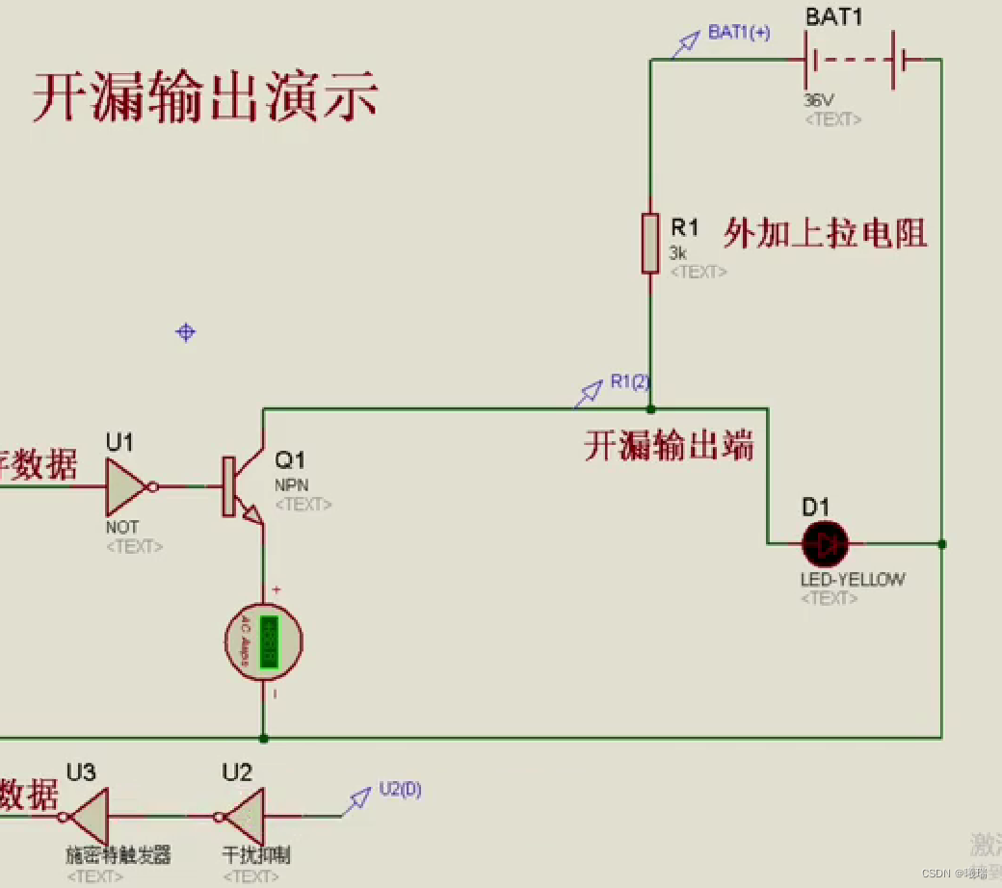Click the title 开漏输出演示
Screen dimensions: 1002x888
205,96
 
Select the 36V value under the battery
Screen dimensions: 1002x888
819,99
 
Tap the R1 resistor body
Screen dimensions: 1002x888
650,244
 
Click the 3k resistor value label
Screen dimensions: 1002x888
678,253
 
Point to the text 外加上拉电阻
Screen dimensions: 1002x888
826,233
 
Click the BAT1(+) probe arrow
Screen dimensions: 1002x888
686,43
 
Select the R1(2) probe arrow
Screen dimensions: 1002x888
589,392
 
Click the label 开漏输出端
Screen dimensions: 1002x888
669,446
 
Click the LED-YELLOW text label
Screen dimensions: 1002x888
853,580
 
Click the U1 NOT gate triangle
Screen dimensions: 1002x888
125,486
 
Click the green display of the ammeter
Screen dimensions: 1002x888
269,640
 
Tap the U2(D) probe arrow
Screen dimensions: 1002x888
359,797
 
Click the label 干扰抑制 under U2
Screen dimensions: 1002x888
256,855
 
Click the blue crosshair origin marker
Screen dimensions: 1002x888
185,332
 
